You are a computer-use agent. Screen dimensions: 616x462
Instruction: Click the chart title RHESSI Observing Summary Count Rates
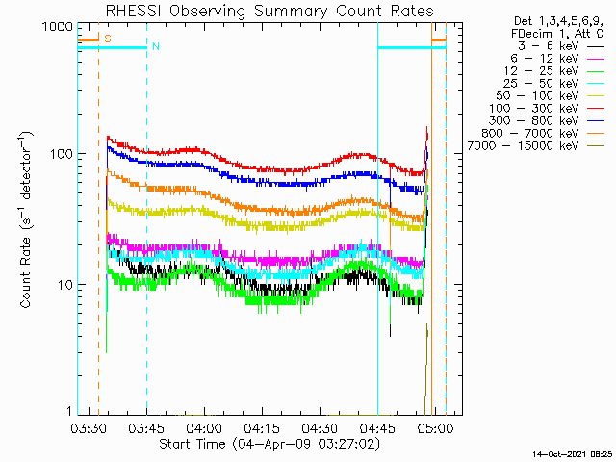(x=269, y=11)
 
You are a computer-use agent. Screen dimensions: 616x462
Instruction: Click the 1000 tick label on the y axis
(x=58, y=27)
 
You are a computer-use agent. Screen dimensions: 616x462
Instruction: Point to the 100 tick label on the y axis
(x=62, y=154)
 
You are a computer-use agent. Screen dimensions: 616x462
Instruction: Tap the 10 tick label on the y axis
(x=65, y=285)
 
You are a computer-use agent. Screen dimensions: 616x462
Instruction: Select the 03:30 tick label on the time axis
(x=89, y=428)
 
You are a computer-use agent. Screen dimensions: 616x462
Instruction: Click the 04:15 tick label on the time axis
(x=262, y=428)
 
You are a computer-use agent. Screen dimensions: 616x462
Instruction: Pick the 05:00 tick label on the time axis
(x=435, y=428)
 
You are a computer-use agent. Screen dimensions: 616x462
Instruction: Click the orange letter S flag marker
(x=108, y=38)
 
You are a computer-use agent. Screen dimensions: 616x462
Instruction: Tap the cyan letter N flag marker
(x=156, y=46)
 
